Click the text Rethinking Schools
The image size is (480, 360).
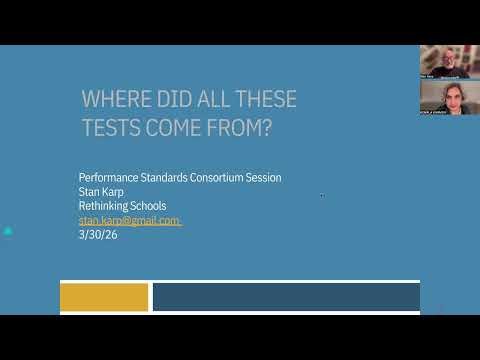(x=122, y=206)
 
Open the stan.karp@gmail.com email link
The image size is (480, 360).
(x=129, y=220)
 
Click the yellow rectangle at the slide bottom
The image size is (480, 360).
(x=104, y=296)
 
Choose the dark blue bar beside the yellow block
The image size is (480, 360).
(x=286, y=296)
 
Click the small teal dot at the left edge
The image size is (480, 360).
(x=8, y=231)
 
